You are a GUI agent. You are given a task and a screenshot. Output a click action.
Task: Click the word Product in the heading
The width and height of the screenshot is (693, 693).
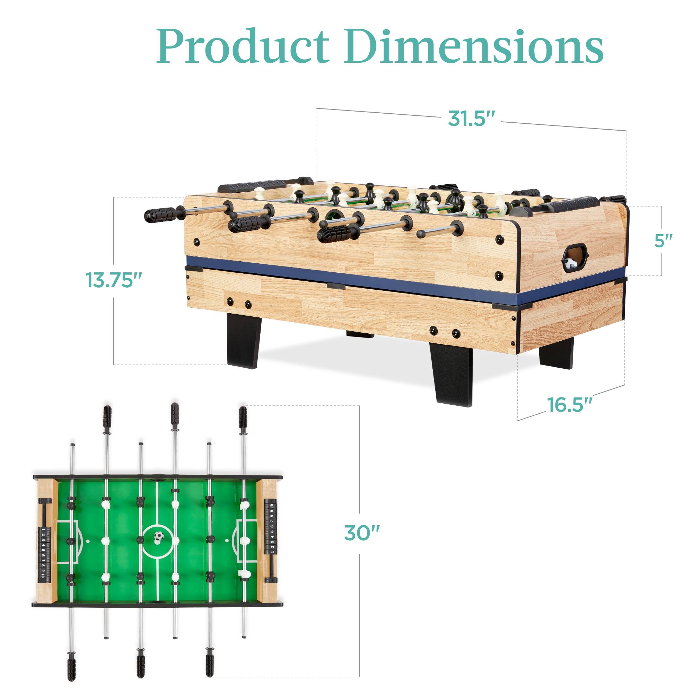(x=243, y=47)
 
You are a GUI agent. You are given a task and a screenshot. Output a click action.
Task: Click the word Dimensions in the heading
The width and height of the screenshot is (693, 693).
(x=474, y=47)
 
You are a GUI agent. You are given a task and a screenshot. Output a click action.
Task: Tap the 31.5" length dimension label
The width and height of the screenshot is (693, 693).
(x=471, y=118)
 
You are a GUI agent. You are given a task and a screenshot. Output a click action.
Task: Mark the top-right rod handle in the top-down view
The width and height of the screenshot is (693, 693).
(x=243, y=417)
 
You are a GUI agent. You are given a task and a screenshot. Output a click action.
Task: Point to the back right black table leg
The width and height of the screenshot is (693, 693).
(x=556, y=353)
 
